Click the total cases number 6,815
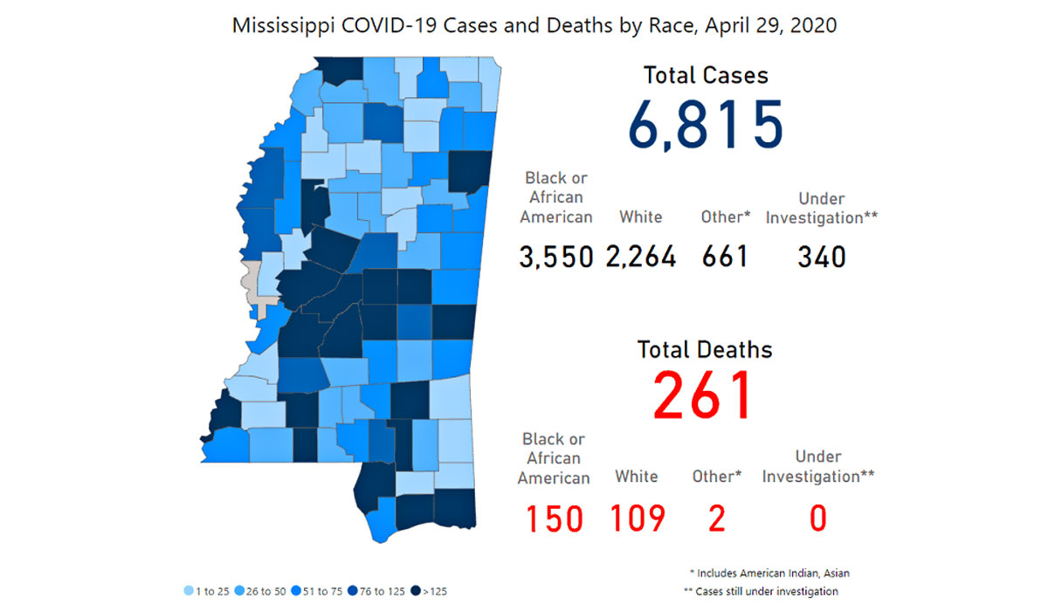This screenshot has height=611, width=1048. (x=705, y=124)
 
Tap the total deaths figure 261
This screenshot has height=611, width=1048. (x=703, y=395)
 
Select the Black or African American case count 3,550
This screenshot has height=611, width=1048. (x=556, y=257)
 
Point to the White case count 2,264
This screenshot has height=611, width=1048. (x=641, y=257)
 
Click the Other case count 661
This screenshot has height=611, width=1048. (x=725, y=257)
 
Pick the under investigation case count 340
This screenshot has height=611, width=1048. (x=822, y=257)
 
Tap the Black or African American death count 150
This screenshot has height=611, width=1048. (x=555, y=518)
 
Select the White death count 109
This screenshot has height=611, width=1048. (x=638, y=518)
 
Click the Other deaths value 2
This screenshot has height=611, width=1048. (x=717, y=518)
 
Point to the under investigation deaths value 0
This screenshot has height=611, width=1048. (x=818, y=518)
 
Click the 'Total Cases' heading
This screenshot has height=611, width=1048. (x=706, y=75)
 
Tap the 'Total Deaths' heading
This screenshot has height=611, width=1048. (x=705, y=350)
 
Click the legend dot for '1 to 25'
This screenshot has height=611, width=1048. (x=189, y=591)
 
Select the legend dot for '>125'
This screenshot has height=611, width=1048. (x=416, y=591)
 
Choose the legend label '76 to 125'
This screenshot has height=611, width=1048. (x=383, y=592)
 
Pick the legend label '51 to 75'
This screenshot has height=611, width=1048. (x=323, y=592)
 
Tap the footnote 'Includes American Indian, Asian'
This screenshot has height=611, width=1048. (x=774, y=573)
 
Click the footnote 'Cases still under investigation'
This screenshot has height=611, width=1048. (x=767, y=592)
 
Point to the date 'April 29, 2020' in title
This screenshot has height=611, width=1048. (x=771, y=25)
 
